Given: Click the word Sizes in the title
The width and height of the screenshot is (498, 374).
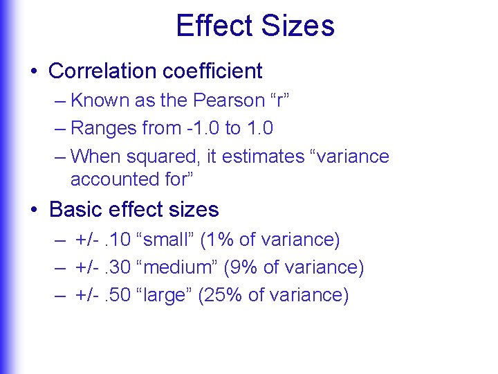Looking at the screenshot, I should click(299, 26).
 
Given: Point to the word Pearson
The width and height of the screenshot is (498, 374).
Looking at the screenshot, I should click(228, 100).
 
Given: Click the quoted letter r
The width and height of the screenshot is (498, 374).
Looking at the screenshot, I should click(279, 100).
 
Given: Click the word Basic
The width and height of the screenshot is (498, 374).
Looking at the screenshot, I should click(76, 209).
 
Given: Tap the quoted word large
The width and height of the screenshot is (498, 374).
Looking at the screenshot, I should click(165, 295).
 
